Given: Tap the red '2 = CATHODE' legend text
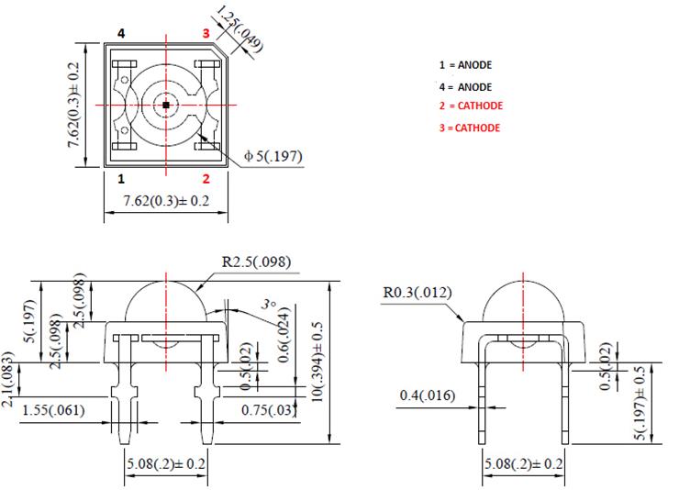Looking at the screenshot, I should [x=469, y=106].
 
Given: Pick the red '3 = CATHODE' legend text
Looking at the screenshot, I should [x=469, y=128].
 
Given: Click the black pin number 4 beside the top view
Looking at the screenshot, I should [x=120, y=33].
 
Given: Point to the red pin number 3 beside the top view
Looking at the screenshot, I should [x=206, y=33].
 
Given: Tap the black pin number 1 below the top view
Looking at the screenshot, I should [x=120, y=178].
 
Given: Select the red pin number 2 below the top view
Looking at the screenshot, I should [x=206, y=178].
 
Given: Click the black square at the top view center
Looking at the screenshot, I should [x=165, y=106].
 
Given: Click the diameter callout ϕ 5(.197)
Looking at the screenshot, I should [x=273, y=157].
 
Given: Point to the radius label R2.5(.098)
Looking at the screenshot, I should [x=256, y=262].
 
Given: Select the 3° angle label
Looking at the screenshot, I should [x=267, y=303].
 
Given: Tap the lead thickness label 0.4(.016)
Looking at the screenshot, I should [x=428, y=395].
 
